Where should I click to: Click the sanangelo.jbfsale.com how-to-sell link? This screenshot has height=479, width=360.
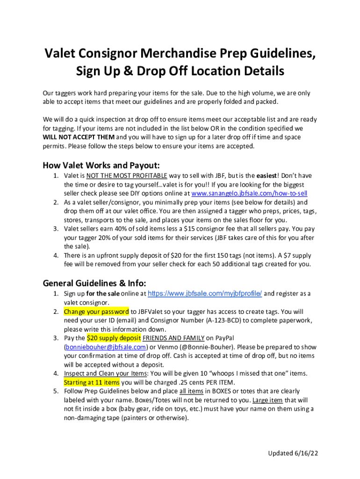[x=249, y=193]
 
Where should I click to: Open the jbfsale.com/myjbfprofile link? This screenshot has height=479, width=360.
[x=205, y=294]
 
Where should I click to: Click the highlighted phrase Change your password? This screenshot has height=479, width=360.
[x=96, y=312]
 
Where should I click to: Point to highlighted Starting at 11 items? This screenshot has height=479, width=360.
[x=92, y=382]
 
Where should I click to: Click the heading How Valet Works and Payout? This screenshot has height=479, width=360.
[x=101, y=165]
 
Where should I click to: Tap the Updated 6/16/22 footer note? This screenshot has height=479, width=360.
[x=293, y=453]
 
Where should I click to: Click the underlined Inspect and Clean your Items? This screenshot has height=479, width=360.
[x=105, y=373]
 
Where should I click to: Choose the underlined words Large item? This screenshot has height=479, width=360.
[x=267, y=400]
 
